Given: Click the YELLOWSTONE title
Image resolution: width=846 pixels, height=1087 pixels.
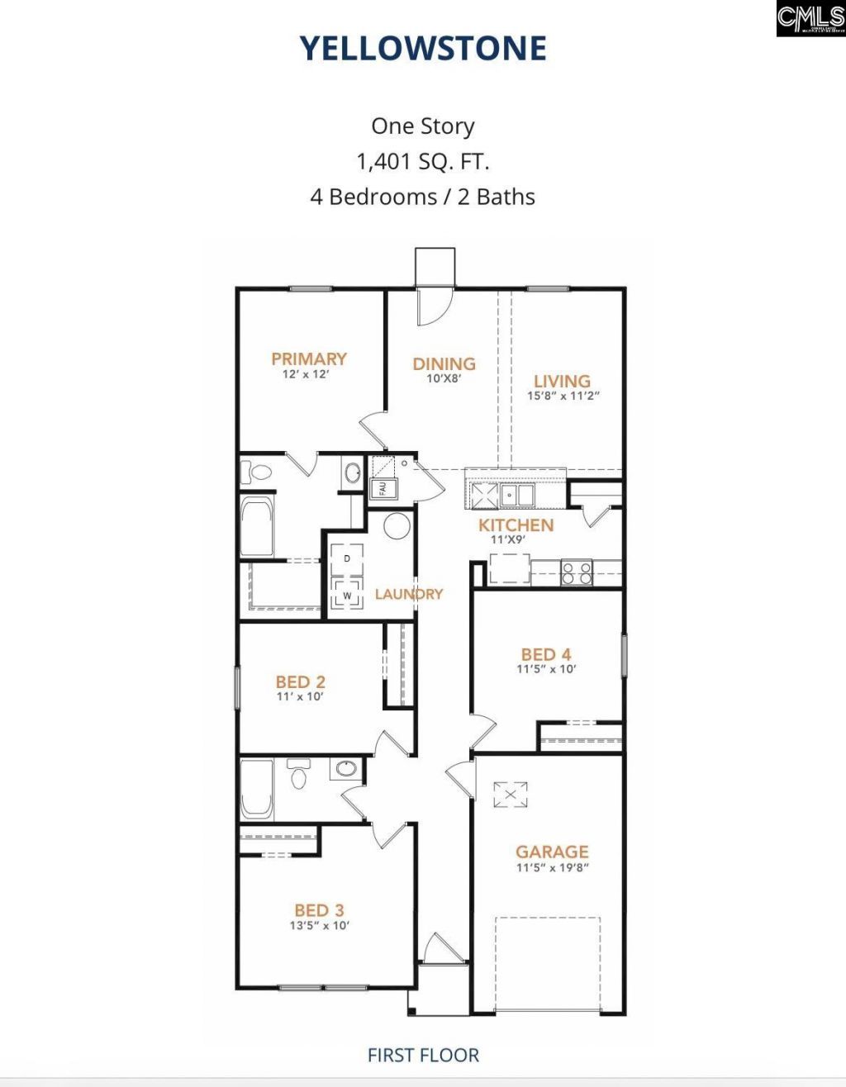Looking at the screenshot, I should click(x=423, y=49).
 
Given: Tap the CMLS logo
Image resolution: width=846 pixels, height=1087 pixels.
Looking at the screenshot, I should click(x=810, y=18).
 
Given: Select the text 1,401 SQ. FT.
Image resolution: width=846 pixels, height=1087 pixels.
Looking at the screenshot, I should click(x=423, y=162).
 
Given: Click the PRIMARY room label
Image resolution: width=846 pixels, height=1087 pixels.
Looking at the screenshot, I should click(x=309, y=359).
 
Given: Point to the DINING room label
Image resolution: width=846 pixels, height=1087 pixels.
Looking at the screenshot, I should click(x=444, y=364).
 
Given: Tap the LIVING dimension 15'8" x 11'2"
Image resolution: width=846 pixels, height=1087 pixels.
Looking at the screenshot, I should click(x=563, y=396).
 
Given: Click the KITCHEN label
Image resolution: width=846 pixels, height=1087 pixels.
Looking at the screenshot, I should click(x=516, y=525).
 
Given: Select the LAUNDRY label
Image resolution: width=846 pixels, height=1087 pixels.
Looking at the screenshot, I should click(x=409, y=594).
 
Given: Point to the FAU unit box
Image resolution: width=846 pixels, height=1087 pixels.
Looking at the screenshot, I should click(x=383, y=488).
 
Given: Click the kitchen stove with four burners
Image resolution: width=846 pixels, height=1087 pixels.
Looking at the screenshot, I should click(x=577, y=572).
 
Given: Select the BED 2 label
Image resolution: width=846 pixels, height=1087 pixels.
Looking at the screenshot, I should click(x=300, y=682).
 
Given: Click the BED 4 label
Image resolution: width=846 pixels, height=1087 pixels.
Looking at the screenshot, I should click(x=545, y=655).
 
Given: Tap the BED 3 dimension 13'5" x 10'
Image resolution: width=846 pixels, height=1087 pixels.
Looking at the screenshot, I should click(x=319, y=926).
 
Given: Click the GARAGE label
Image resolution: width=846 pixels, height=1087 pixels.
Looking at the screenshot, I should click(x=552, y=852).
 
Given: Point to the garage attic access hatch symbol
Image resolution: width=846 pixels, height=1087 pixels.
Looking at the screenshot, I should click(x=510, y=795).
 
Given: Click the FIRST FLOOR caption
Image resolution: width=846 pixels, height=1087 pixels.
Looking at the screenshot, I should click(x=423, y=1055).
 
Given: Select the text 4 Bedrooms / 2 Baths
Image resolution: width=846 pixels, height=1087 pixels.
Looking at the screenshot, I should click(x=423, y=197).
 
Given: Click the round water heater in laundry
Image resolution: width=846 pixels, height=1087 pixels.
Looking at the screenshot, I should click(x=397, y=526).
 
